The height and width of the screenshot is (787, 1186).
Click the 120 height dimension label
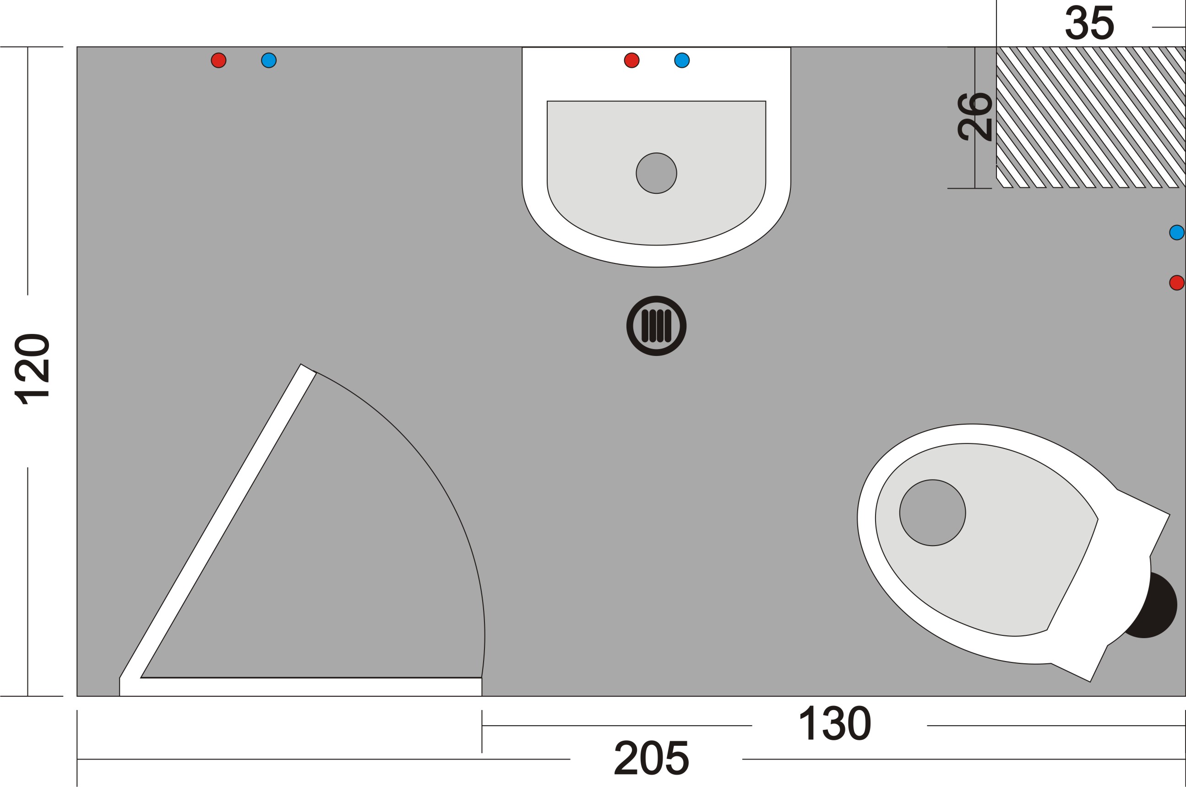(x=32, y=369)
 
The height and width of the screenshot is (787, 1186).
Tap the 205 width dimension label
(x=652, y=758)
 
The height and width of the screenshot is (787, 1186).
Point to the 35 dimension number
(x=1090, y=23)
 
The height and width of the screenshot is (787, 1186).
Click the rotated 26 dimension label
(x=975, y=116)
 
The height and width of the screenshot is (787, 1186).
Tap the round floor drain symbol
(x=656, y=326)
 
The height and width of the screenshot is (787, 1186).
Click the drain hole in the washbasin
(x=656, y=173)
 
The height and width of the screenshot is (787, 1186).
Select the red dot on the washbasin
(x=631, y=60)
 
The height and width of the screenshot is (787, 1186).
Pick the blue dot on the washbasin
(x=682, y=60)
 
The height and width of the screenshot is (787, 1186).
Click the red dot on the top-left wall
(x=219, y=60)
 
